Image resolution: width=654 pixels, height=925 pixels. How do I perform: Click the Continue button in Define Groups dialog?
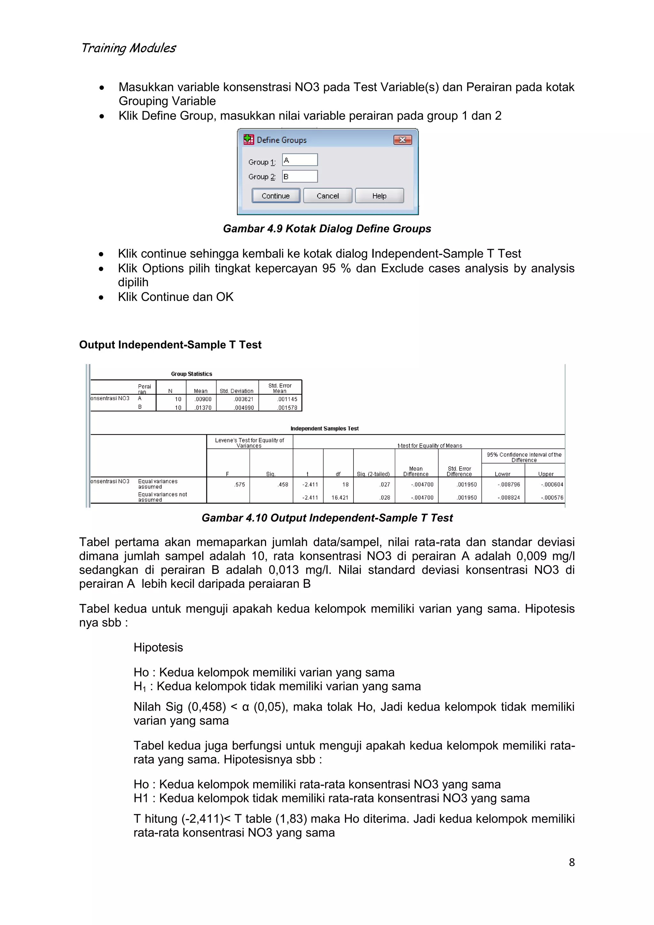(276, 196)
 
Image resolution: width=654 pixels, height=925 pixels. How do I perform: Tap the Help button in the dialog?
(379, 196)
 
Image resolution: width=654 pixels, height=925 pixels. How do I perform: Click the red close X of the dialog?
(402, 140)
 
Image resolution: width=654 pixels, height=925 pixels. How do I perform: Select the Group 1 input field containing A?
(300, 160)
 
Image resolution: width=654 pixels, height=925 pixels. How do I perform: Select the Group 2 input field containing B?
(300, 176)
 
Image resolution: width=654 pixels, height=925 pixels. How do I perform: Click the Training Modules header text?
(128, 48)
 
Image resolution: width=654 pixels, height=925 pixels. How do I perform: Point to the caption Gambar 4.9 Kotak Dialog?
(327, 228)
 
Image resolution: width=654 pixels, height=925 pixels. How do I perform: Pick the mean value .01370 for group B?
(203, 408)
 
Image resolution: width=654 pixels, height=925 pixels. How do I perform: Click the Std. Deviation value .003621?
(244, 399)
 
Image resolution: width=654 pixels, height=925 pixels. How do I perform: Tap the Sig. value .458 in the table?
(283, 485)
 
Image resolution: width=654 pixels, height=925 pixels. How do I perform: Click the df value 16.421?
(339, 498)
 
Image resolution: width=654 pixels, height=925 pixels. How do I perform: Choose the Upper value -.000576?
(552, 498)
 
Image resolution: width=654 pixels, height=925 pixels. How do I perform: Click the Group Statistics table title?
(191, 374)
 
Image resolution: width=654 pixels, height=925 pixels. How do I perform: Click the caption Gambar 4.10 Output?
(327, 518)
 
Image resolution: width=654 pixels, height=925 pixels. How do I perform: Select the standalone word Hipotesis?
(158, 647)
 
